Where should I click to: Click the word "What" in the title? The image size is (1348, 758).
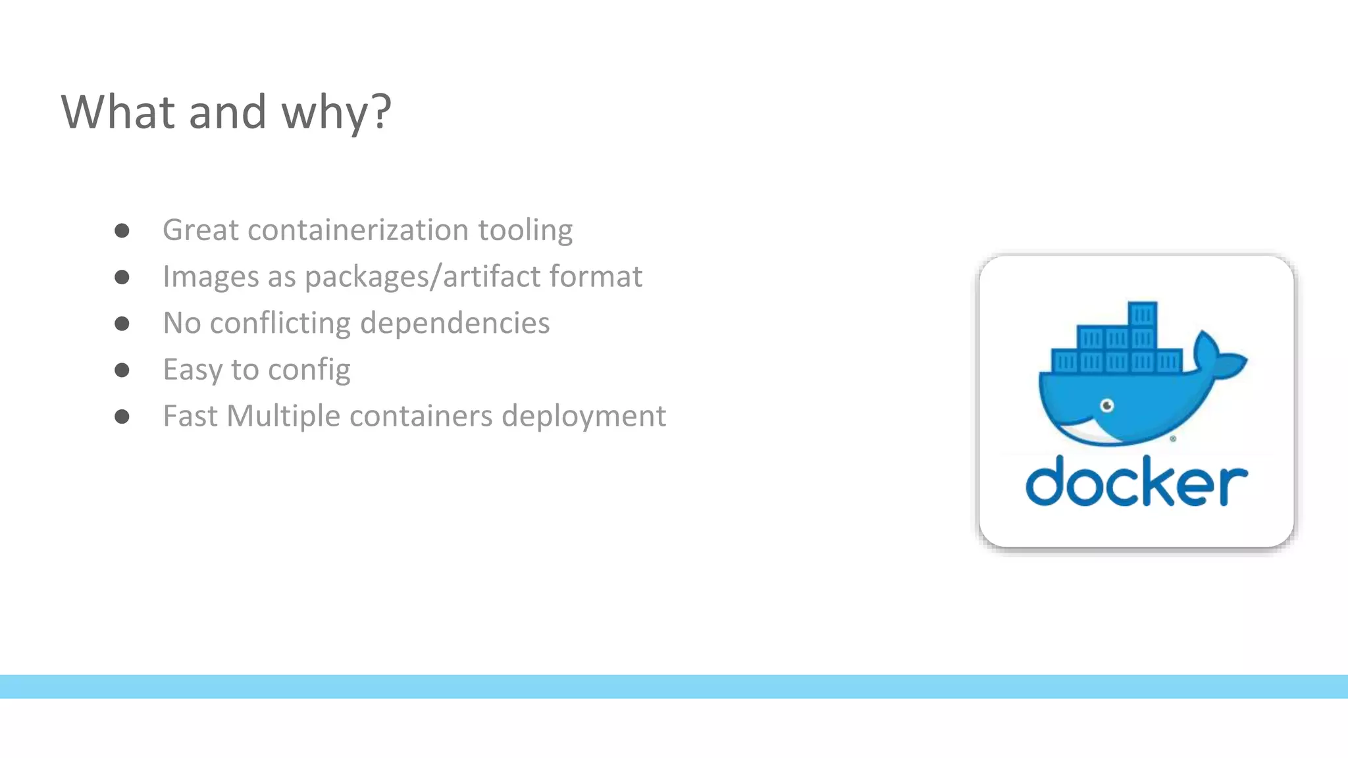click(x=118, y=112)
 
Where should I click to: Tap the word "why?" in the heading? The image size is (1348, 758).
click(x=336, y=113)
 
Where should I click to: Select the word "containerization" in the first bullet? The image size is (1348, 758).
click(x=358, y=230)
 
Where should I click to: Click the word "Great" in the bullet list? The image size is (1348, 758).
click(x=200, y=230)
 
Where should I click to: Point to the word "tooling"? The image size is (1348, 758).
click(x=525, y=231)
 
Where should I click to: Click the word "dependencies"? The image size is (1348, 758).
click(x=455, y=323)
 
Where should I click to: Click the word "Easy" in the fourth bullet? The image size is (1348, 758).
click(x=192, y=370)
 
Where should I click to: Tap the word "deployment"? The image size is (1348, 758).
click(x=584, y=417)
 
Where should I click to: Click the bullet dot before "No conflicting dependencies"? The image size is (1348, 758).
click(x=122, y=324)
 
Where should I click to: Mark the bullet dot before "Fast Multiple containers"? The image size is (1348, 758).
click(x=122, y=417)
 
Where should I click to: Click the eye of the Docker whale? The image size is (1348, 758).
click(x=1107, y=405)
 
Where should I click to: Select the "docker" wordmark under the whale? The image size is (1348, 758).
click(x=1136, y=482)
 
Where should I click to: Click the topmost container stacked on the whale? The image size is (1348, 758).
click(x=1142, y=314)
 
